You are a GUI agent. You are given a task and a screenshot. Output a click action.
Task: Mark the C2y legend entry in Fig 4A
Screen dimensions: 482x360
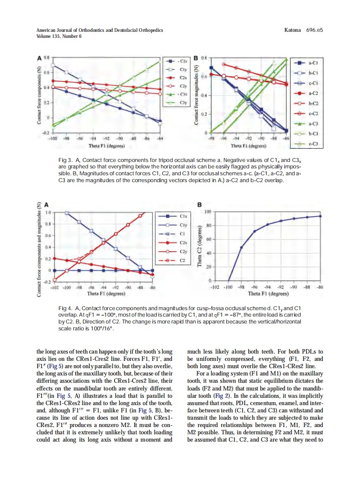183,251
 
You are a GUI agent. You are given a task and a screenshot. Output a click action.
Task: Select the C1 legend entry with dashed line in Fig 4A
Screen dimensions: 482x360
182,234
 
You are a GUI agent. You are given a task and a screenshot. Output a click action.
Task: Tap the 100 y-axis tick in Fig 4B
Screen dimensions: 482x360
208,212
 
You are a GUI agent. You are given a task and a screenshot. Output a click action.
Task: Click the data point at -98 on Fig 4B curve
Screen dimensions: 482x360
241,247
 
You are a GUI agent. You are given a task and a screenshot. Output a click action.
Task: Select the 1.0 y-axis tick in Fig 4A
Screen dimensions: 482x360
49,213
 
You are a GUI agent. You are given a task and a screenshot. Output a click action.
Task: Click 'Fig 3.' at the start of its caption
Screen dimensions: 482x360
65,160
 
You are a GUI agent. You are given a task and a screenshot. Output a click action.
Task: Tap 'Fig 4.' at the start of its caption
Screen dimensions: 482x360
65,308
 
